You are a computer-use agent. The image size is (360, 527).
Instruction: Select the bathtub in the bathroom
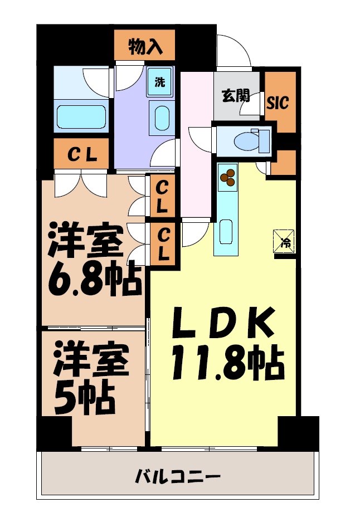click(81, 118)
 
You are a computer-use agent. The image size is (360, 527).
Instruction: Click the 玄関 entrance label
click(236, 96)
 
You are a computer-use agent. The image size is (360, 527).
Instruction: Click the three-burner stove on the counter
click(227, 178)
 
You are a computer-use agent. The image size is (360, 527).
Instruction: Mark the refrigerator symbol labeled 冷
click(285, 242)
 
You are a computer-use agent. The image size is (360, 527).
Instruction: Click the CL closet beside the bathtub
click(83, 155)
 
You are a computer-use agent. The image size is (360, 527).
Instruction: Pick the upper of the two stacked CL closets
click(162, 196)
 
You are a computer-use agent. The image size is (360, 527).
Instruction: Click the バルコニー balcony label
click(178, 477)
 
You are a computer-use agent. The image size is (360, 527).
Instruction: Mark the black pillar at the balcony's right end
click(299, 433)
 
